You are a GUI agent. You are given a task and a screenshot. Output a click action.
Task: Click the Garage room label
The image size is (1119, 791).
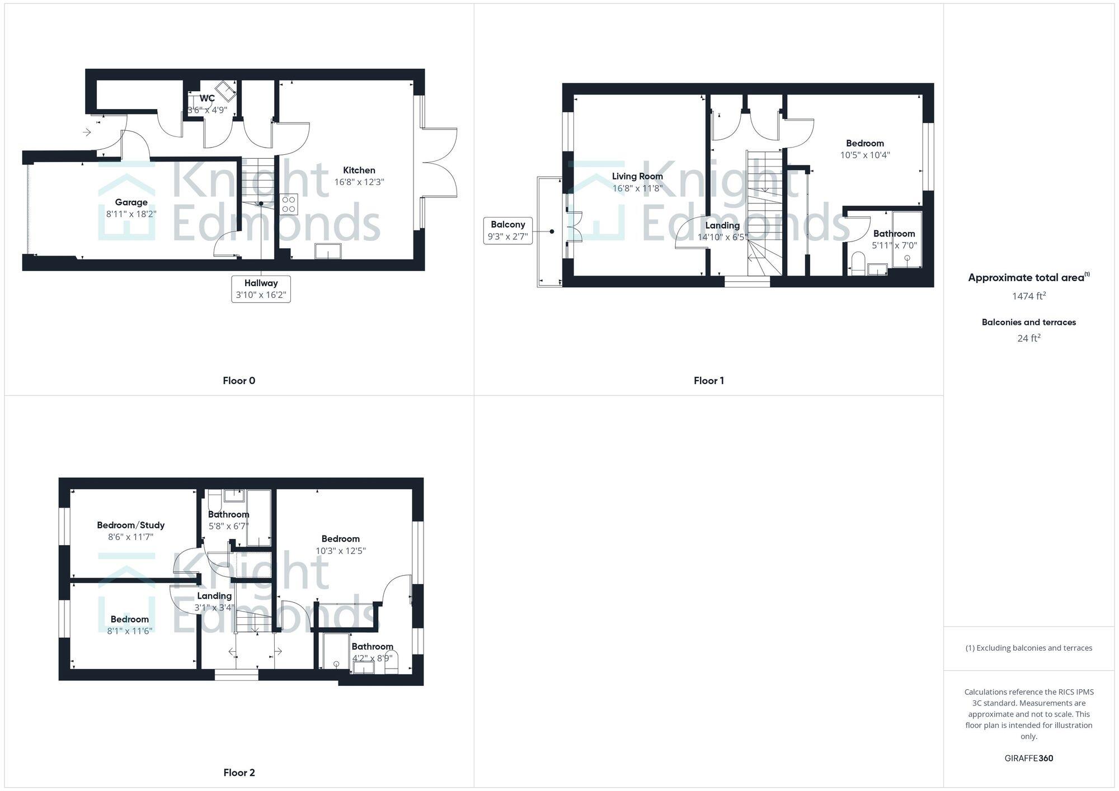pos(131,202)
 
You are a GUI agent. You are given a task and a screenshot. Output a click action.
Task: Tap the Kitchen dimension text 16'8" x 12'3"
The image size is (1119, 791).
pos(359,182)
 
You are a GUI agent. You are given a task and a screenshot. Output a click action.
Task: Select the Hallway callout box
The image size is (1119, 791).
pos(261,288)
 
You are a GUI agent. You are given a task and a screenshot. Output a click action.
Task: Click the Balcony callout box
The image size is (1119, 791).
pos(507,230)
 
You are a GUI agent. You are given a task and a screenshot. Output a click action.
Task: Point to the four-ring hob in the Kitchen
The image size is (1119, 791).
pos(289,204)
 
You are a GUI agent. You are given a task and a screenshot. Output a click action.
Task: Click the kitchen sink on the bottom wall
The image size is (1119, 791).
pos(328,251)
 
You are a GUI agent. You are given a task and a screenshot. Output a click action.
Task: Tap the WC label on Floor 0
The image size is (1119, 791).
pos(207,98)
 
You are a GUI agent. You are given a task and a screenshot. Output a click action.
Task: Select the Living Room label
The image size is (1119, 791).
pos(637,176)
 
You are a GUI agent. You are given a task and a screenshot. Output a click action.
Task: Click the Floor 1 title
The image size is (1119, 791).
pos(708,381)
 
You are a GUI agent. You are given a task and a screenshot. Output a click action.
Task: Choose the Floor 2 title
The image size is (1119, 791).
pos(239,773)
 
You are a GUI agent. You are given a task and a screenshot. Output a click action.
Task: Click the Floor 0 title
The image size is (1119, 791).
pos(239,381)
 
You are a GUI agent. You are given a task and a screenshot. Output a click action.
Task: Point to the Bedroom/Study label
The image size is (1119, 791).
pos(131,525)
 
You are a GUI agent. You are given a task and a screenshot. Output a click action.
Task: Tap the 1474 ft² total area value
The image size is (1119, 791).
pos(1028,296)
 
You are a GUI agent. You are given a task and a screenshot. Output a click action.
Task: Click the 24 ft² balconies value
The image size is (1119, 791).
pos(1028,338)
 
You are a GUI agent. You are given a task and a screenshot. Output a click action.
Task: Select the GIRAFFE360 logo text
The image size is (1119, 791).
pos(1028,758)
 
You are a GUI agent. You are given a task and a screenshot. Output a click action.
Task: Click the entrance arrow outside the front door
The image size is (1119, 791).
pos(87,132)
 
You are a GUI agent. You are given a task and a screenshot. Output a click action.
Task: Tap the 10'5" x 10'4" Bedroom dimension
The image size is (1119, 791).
pos(864,155)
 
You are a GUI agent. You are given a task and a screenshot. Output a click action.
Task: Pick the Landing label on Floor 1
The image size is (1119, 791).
pos(722,225)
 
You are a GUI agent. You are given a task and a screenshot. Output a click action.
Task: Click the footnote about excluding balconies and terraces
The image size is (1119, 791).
pos(1028,648)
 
